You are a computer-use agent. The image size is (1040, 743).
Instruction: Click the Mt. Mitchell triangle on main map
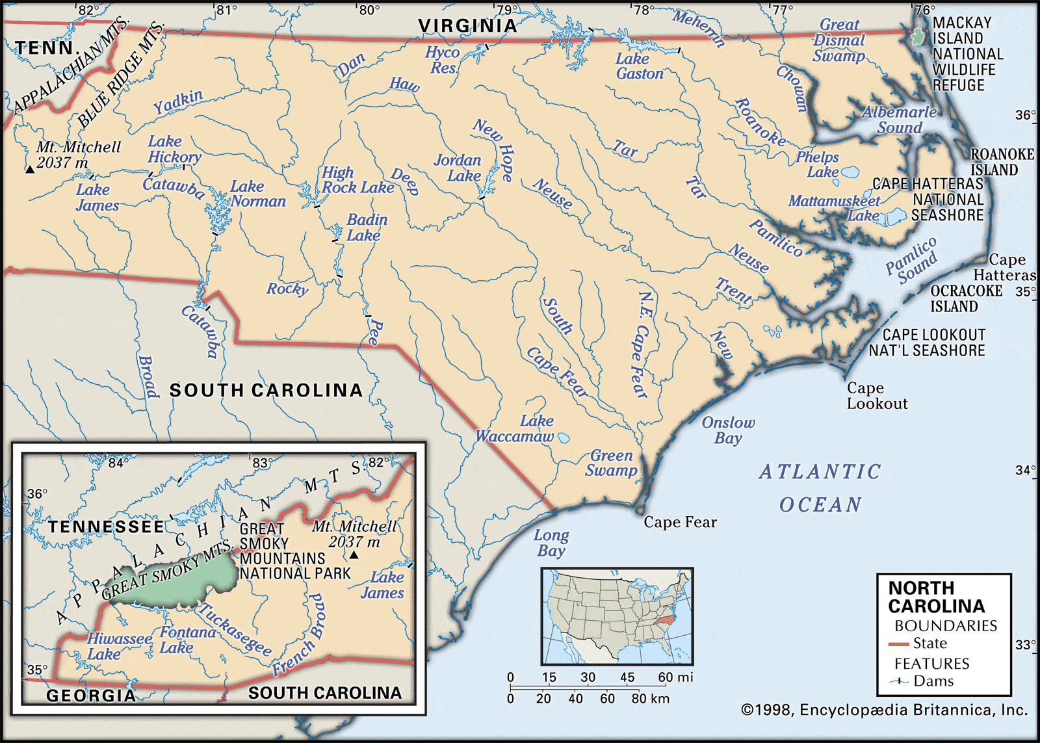30,170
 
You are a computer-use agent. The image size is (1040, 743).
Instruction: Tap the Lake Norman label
257,194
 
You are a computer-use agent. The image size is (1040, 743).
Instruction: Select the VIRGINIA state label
467,26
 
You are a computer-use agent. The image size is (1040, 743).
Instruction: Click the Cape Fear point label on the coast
680,523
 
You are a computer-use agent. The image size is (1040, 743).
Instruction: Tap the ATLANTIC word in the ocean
820,472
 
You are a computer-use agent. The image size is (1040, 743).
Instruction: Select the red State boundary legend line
899,644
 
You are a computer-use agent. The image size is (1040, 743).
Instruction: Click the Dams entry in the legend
933,681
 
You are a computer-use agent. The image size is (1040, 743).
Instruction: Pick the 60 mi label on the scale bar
675,677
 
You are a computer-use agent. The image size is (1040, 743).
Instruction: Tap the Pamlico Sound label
911,260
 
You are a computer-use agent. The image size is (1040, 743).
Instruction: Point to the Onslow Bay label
728,430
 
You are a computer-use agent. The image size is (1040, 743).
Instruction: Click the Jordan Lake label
458,168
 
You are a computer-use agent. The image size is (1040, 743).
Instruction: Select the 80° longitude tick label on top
369,10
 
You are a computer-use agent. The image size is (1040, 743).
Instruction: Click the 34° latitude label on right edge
1025,470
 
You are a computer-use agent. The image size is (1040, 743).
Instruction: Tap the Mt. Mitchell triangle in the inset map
354,555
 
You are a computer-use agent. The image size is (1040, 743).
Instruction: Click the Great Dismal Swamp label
839,40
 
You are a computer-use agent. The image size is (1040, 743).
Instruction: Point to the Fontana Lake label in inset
188,640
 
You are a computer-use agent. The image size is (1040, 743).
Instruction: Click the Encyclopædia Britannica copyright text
885,710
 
